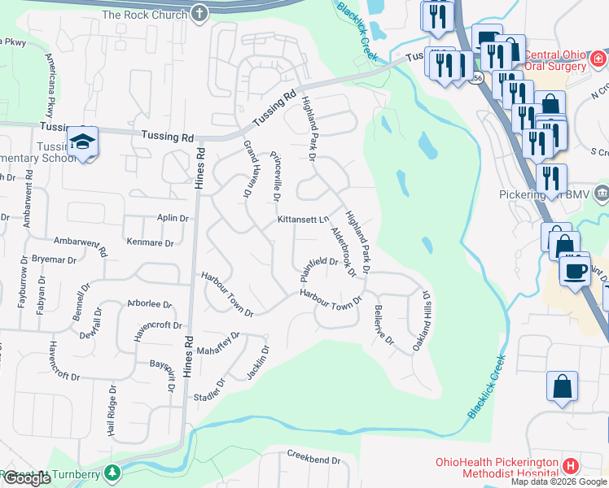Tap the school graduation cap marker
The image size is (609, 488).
pyautogui.click(x=82, y=142)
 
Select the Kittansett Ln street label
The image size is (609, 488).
pyautogui.click(x=302, y=220)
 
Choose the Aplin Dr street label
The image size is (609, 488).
pyautogui.click(x=173, y=219)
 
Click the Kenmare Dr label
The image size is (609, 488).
pyautogui.click(x=151, y=242)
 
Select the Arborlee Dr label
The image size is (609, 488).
pyautogui.click(x=149, y=305)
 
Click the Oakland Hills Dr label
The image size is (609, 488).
pyautogui.click(x=422, y=320)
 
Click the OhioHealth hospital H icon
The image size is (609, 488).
pyautogui.click(x=571, y=466)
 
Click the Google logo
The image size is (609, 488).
pyautogui.click(x=27, y=478)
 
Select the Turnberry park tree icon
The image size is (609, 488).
pyautogui.click(x=115, y=471)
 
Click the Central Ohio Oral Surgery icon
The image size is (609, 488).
pyautogui.click(x=598, y=59)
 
